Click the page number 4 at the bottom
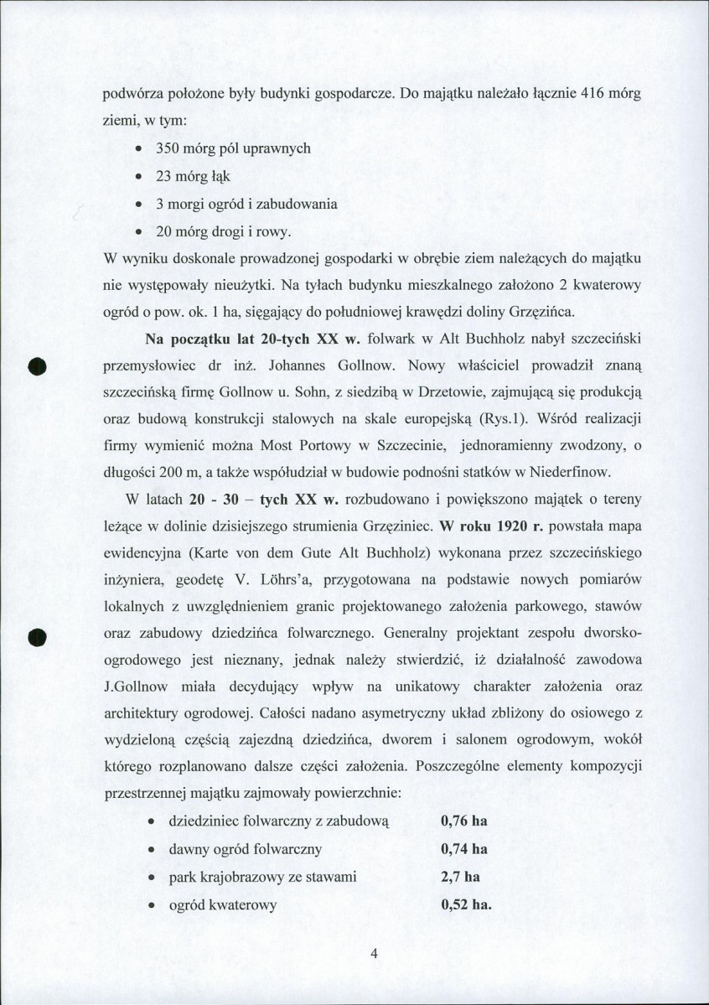[375, 953]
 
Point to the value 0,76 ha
[463, 821]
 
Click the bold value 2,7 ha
[459, 877]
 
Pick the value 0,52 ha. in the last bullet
[465, 905]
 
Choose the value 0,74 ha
[463, 849]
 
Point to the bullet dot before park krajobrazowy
[149, 878]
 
